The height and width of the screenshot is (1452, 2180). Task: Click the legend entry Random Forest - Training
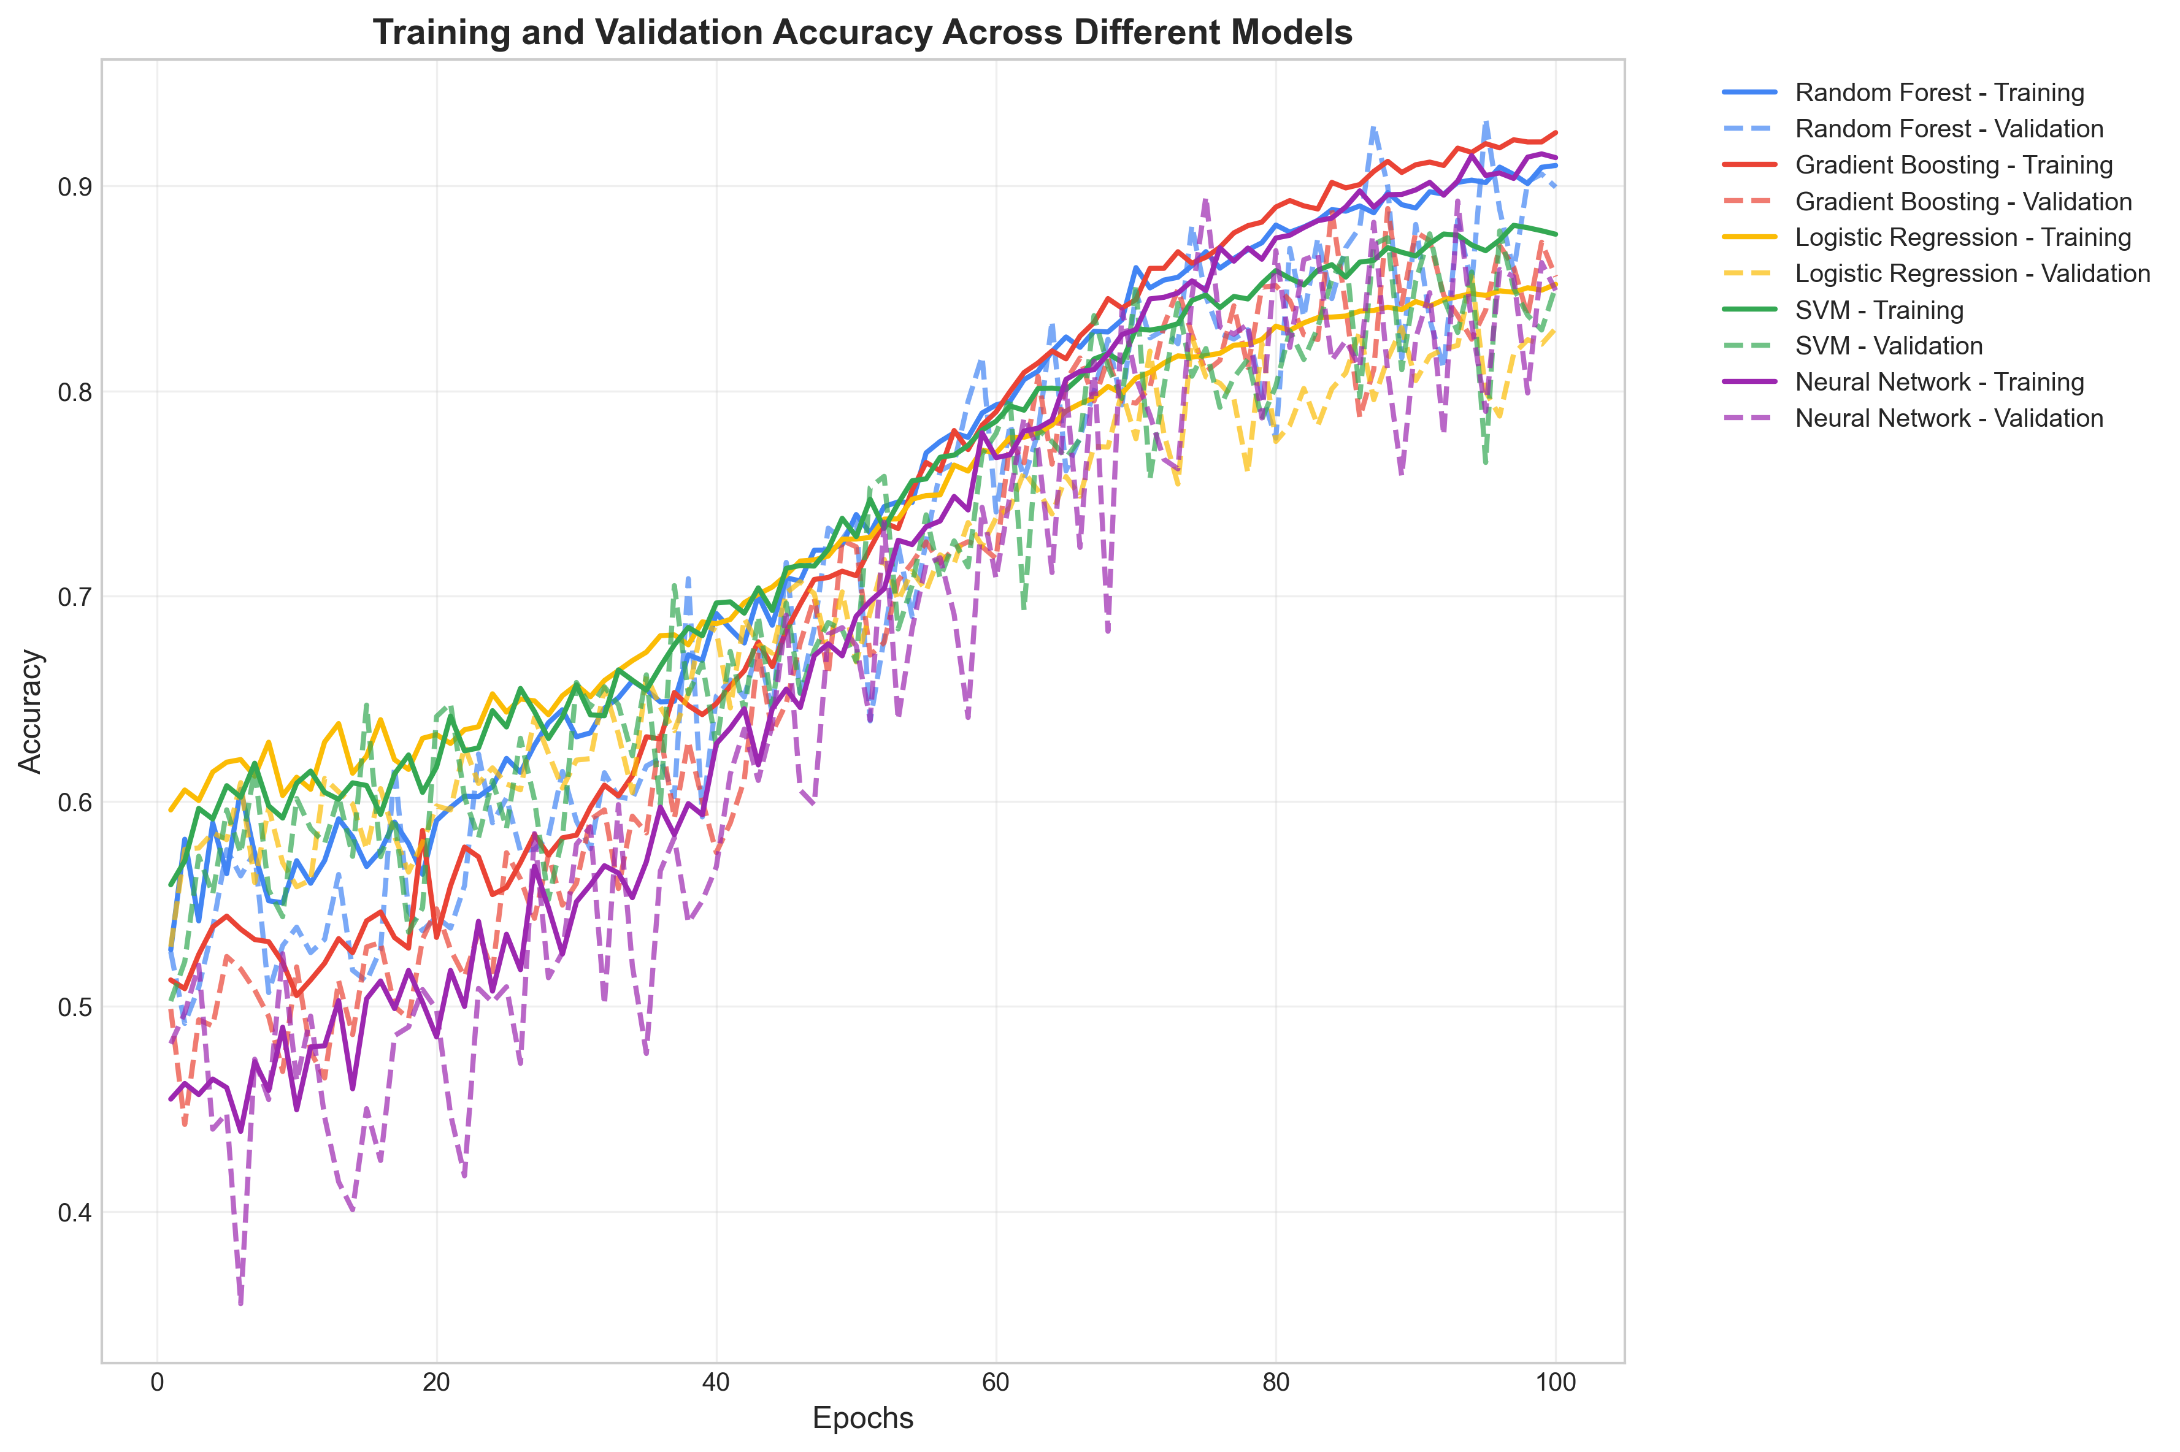tap(1938, 93)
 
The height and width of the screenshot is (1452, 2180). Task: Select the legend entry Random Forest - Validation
tap(1949, 129)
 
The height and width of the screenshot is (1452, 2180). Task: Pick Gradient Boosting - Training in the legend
tap(1953, 165)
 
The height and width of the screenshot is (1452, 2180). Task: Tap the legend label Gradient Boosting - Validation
tap(1962, 202)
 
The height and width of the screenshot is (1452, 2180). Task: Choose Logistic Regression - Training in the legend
tap(1962, 237)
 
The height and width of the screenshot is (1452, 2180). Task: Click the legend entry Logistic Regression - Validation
tap(1971, 273)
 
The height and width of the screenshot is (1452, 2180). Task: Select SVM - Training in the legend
tap(1878, 309)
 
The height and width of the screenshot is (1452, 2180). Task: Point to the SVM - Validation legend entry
tap(1888, 345)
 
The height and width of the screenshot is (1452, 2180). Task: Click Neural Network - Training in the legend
tap(1938, 381)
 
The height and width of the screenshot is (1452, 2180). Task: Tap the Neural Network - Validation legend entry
tap(1949, 418)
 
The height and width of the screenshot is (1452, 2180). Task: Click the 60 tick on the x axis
tap(996, 1383)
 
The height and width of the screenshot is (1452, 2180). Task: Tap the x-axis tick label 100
tap(1555, 1383)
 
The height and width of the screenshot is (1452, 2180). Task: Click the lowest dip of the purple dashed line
tap(241, 1304)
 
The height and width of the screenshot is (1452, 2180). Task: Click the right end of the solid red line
tap(1556, 132)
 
